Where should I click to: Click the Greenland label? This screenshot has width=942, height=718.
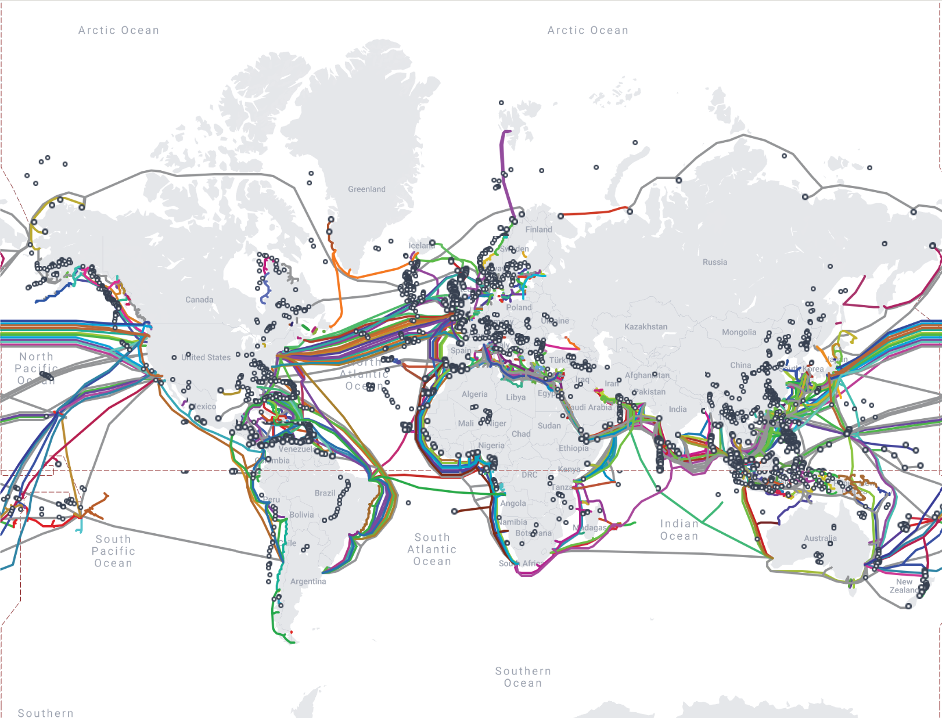point(366,189)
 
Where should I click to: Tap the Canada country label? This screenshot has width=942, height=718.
point(199,300)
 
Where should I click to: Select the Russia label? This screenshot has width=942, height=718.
point(714,262)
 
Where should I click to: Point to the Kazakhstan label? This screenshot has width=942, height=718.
point(646,327)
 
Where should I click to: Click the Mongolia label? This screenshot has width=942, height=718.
point(739,332)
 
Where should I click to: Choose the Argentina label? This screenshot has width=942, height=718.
point(308,581)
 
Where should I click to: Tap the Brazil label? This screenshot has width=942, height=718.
point(325,493)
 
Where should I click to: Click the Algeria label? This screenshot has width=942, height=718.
point(474,394)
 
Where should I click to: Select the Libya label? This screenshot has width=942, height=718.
point(515,397)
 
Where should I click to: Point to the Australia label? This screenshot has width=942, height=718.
point(820,538)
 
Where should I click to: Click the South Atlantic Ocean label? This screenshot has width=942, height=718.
point(432,550)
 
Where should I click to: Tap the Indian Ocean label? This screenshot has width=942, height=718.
point(679,530)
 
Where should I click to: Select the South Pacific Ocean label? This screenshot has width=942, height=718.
point(113,551)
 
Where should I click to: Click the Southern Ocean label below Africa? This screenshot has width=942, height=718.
point(523,677)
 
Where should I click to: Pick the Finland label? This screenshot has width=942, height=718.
point(538,229)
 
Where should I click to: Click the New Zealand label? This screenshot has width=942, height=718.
point(904,586)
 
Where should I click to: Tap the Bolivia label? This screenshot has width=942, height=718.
point(301,515)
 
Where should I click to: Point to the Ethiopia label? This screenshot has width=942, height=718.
point(573,448)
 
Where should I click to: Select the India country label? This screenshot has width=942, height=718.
point(677,410)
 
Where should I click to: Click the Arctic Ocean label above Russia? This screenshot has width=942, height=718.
point(588,30)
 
